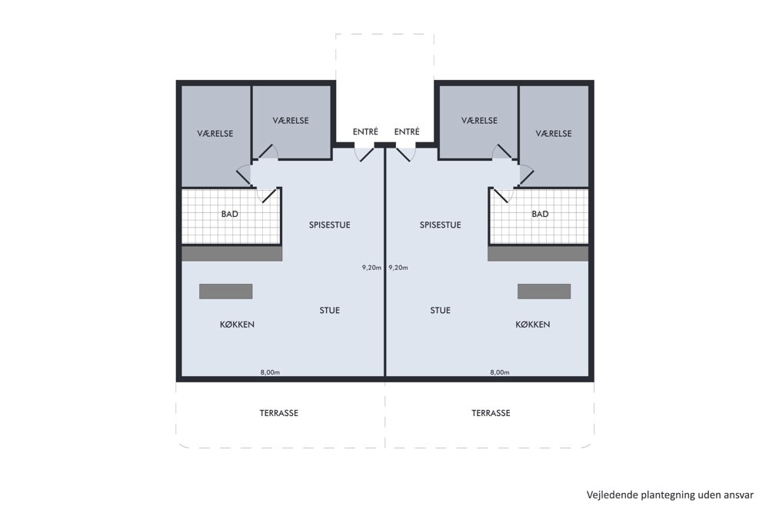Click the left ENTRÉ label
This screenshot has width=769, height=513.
coord(365,132)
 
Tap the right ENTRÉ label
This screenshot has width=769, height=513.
coord(407,132)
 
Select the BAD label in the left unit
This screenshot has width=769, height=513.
coord(229,214)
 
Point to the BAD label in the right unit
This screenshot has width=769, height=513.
coord(540,214)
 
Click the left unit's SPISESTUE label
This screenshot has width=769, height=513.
coord(330,225)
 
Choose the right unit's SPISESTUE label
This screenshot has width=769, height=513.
coord(441,225)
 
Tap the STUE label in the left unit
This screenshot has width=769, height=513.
coord(330,311)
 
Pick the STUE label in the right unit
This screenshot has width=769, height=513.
coord(441,311)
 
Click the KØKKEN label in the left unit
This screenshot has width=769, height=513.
coord(238,325)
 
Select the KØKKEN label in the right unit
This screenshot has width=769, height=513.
coord(533,325)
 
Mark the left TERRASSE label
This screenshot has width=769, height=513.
coord(279,413)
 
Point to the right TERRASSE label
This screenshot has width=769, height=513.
coord(491,413)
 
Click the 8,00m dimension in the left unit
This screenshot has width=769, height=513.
coord(270,372)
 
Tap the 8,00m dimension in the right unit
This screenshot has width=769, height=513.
coord(500,372)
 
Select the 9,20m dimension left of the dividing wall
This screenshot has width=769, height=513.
coord(371,268)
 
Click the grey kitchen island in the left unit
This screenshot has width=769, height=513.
coord(225,291)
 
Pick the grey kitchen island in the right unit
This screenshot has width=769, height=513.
coord(544,291)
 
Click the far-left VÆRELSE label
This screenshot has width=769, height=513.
coord(215,133)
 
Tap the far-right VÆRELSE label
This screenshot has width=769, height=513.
coord(554,133)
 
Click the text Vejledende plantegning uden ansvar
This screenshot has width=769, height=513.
coord(670,495)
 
